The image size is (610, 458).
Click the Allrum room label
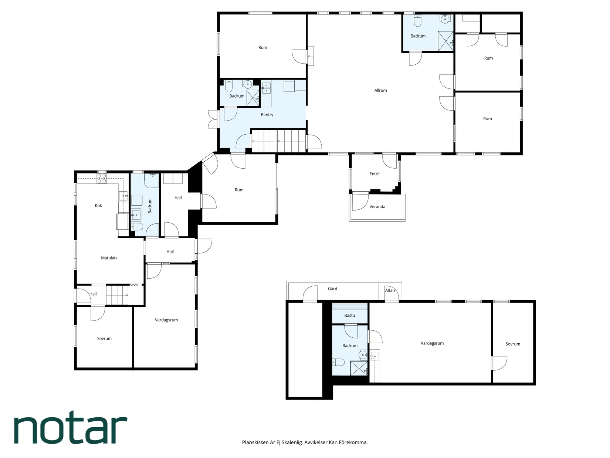tap(380, 90)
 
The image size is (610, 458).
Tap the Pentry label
tap(267, 115)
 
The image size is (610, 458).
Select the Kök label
tap(98, 205)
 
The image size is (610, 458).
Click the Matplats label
tap(109, 258)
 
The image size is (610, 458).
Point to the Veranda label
tap(377, 206)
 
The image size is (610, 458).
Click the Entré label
tap(375, 174)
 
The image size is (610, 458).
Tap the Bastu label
tap(350, 315)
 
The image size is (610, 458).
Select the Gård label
tap(332, 289)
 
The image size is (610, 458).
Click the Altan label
tap(390, 290)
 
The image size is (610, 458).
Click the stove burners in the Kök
tap(101, 179)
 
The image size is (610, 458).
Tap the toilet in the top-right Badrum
tap(417, 21)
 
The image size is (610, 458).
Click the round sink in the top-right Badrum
tap(445, 18)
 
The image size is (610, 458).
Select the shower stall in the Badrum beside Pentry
tap(253, 98)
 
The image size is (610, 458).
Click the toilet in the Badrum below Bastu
tap(339, 362)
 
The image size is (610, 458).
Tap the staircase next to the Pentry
tap(279, 141)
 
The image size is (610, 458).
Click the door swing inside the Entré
tap(389, 162)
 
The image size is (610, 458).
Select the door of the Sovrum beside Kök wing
tap(98, 313)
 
